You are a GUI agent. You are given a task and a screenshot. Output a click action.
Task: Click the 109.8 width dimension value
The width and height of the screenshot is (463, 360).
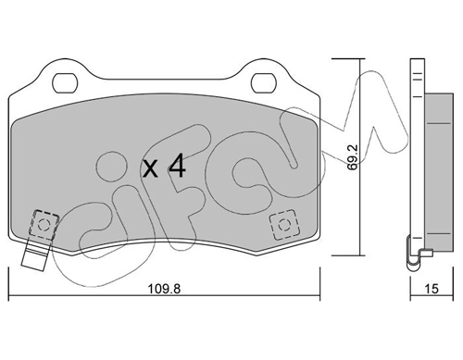click(x=164, y=289)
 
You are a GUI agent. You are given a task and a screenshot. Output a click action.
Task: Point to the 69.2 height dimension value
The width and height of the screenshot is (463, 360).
click(x=352, y=157)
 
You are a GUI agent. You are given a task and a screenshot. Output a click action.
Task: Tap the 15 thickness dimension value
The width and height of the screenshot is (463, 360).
click(x=432, y=289)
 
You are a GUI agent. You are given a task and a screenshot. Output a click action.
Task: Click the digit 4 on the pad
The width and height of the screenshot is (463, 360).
click(x=176, y=167)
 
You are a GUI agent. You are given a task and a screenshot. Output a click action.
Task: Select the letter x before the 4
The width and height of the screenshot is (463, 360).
click(x=150, y=169)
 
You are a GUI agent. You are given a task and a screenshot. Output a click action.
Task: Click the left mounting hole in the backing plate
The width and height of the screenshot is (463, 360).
click(x=65, y=83)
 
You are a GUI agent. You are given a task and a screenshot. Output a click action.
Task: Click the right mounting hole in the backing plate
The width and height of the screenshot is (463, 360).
click(x=263, y=83)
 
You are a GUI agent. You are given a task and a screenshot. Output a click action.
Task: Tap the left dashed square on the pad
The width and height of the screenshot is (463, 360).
click(x=44, y=224)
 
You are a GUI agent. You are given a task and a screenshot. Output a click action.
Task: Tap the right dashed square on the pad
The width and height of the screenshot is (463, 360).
click(x=284, y=225)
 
